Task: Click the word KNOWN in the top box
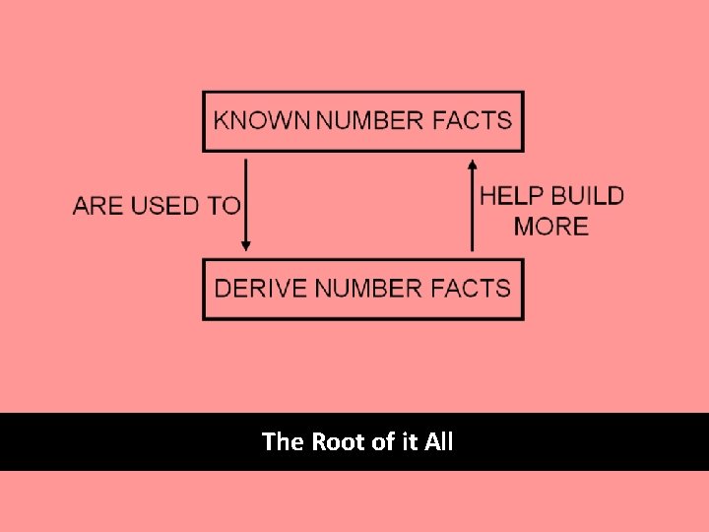coord(262,121)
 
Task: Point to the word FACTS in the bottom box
coord(469,289)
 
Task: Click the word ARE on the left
coord(97,206)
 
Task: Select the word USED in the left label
coord(164,206)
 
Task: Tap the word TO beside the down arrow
coord(225,206)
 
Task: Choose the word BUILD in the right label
coord(587,195)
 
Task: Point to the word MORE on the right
coord(551,226)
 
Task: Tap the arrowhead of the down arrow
coord(246,245)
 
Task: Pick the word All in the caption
coord(439,442)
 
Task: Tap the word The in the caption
coord(284,442)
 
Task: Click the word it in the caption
coord(411,442)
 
